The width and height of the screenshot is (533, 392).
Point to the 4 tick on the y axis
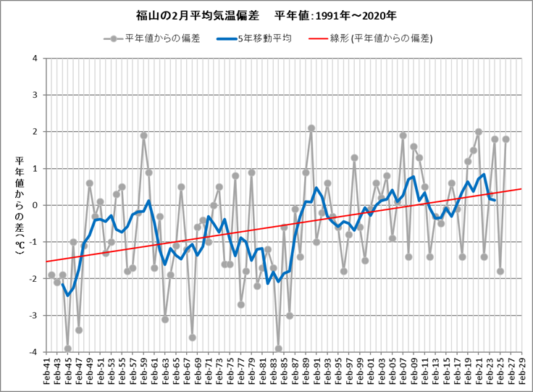click(x=35, y=58)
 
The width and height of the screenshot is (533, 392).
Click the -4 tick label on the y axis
click(x=33, y=352)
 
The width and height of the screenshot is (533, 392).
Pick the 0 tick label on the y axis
click(x=35, y=205)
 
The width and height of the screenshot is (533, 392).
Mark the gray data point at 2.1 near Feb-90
click(x=311, y=128)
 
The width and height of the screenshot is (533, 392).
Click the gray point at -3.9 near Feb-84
click(x=279, y=349)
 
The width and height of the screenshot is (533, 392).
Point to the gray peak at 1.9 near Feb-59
click(x=143, y=135)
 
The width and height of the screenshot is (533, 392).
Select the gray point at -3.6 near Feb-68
click(x=193, y=338)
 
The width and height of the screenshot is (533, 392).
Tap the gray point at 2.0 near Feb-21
click(x=479, y=132)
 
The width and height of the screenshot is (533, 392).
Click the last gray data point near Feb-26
click(x=505, y=139)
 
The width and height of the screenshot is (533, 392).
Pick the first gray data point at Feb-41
click(x=51, y=275)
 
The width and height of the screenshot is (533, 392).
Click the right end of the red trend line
click(x=521, y=188)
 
